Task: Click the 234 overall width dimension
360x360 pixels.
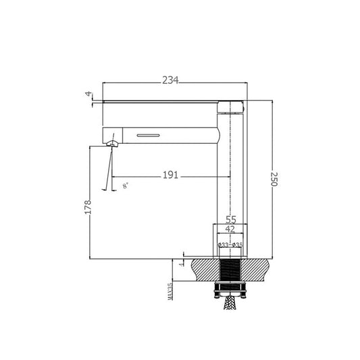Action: pos(170,80)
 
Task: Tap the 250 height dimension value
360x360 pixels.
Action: pos(274,180)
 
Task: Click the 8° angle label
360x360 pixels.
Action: pos(126,184)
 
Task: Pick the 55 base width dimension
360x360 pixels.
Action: pos(230,220)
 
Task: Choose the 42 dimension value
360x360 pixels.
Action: pos(230,230)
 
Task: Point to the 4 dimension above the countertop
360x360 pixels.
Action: pos(180,263)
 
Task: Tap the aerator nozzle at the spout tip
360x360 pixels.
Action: pos(111,142)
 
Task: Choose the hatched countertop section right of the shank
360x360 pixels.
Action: pos(258,270)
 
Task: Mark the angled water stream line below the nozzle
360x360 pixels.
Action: pos(108,169)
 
